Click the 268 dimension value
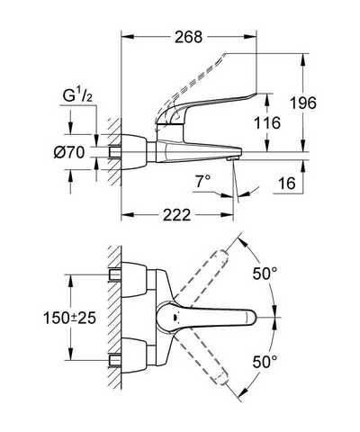point(189,37)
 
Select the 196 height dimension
point(303,103)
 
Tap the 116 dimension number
point(267,123)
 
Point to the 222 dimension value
point(177,215)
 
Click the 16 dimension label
point(287,183)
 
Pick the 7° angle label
point(203,182)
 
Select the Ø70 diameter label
point(69,153)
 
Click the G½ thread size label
point(77,96)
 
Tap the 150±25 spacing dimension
point(69,318)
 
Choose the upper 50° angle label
point(265,274)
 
